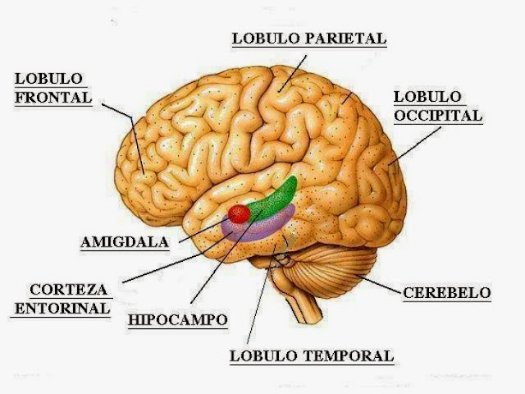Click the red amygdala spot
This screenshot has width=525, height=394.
[x=240, y=214]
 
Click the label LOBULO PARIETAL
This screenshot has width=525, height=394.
[x=309, y=38]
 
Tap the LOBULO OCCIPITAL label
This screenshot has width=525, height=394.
[x=437, y=106]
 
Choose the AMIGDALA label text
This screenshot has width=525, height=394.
[x=125, y=242]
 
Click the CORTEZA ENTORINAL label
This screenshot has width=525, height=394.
[x=69, y=299]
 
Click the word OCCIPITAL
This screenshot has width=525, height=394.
[x=437, y=115]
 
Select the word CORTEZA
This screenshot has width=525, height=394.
[x=69, y=290]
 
